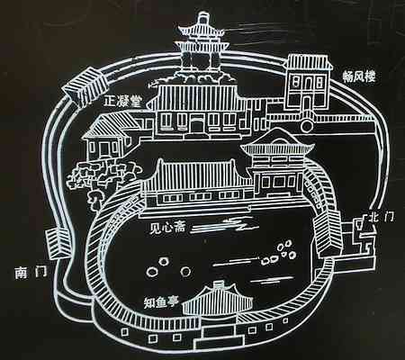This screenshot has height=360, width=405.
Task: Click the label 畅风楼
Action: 359,77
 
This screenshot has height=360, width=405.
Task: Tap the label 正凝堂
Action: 121,102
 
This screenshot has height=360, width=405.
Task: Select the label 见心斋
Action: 168,229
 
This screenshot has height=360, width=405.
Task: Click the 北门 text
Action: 382,216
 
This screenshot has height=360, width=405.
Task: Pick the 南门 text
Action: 31,273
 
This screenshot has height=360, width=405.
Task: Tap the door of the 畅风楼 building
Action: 306,103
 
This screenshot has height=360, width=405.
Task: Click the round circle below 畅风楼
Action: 307,125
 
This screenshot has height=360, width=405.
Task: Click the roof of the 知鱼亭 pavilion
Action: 218,299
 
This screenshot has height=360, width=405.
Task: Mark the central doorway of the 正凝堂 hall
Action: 197,125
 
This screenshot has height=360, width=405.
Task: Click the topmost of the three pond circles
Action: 164,262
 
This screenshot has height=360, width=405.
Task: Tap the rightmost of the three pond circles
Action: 185,272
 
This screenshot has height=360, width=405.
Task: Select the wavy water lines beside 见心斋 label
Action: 225,227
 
